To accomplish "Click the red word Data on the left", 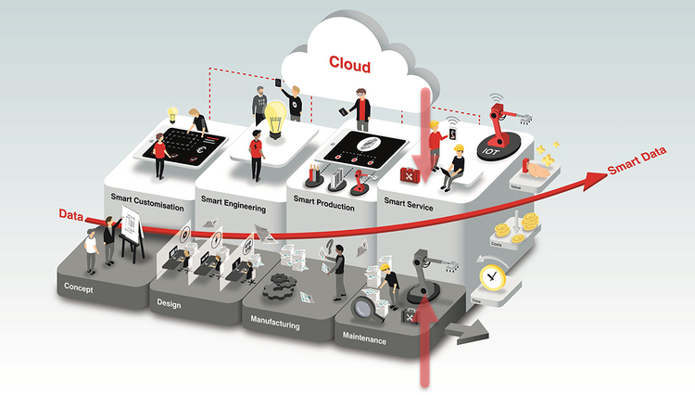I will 71,216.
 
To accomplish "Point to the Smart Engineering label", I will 234,209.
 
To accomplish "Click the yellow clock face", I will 491,278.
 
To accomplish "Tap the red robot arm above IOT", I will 501,121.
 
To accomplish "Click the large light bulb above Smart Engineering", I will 275,119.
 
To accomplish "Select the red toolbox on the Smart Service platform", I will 411,173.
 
